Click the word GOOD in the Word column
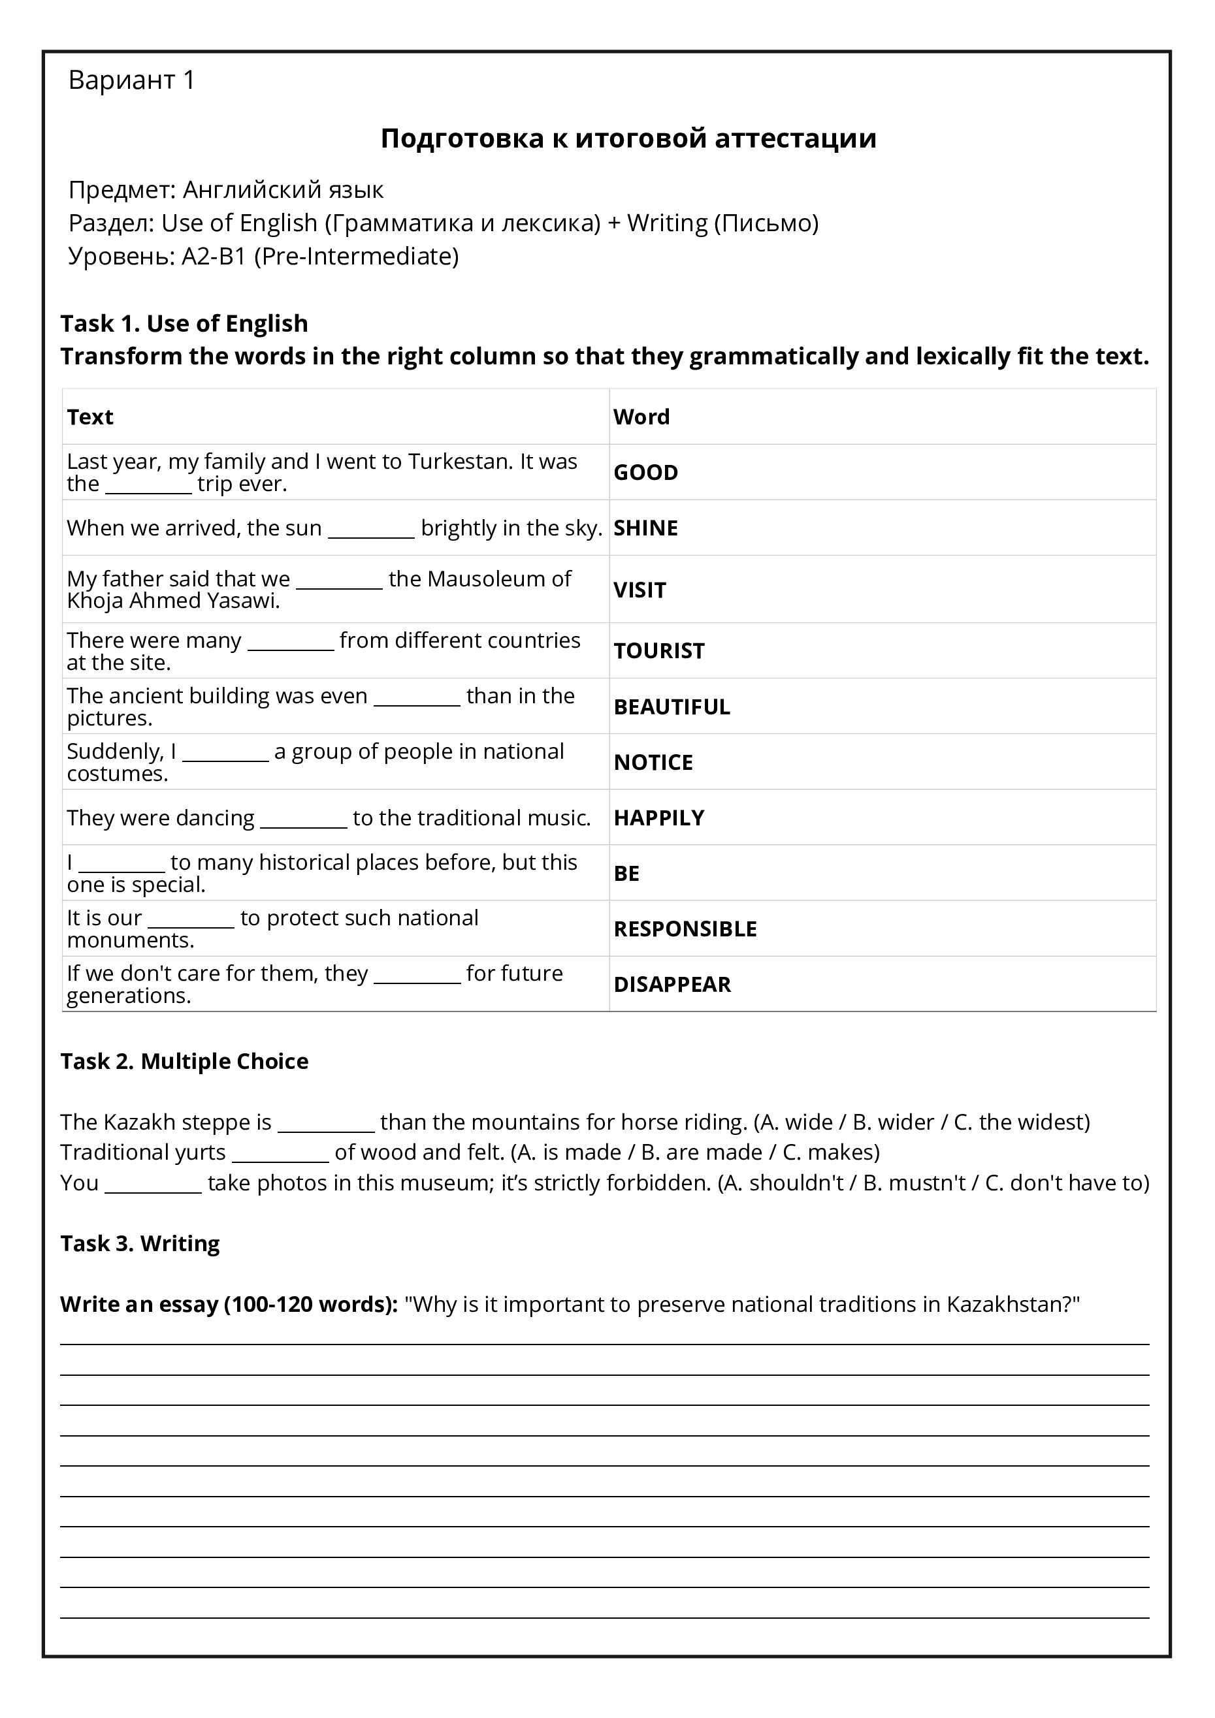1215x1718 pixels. (645, 472)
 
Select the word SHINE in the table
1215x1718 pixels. (645, 528)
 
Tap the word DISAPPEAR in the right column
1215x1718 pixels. (672, 984)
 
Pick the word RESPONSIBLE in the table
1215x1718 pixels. (685, 929)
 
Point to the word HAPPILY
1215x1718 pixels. (659, 817)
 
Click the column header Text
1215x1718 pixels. (90, 417)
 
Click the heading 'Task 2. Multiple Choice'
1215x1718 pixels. (184, 1061)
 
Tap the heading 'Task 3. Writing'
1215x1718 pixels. (140, 1243)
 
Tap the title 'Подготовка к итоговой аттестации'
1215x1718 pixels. (628, 138)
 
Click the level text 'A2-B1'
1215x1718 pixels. (214, 256)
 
